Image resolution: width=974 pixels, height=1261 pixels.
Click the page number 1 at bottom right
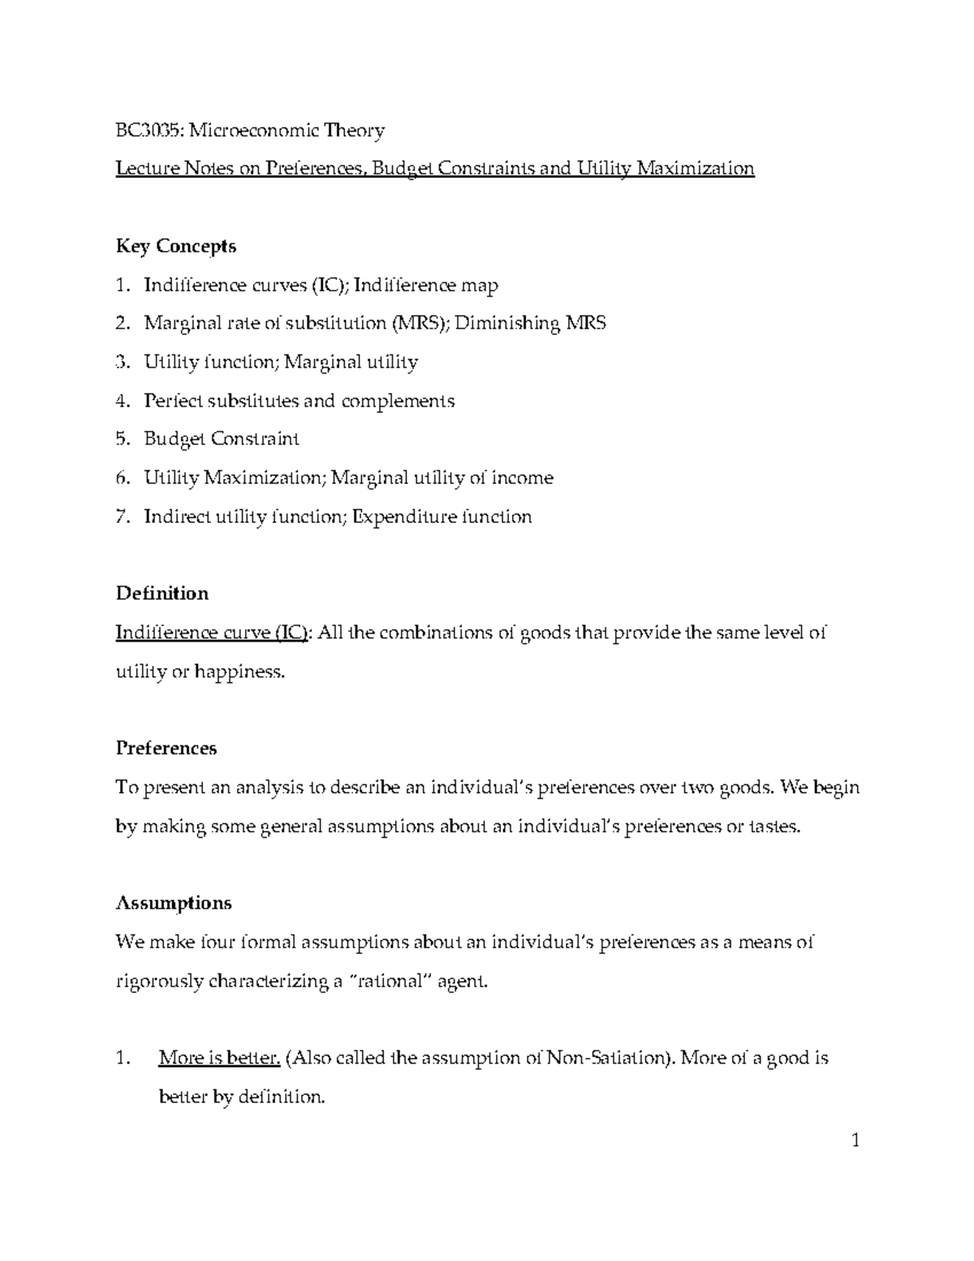tap(855, 1142)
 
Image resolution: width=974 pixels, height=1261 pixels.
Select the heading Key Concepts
tap(176, 246)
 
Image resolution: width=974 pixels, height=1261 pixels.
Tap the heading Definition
tap(162, 594)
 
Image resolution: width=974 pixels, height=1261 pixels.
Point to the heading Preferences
tap(166, 748)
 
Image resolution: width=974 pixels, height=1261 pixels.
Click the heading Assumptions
tap(174, 903)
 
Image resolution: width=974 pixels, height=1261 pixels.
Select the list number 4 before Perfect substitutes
tap(122, 401)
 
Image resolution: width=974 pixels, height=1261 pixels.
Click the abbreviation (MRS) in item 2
tap(419, 323)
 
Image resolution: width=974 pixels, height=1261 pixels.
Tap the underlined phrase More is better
tap(220, 1058)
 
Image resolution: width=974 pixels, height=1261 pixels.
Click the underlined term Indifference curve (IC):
tap(213, 633)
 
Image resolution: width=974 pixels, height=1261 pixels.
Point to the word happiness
tap(239, 672)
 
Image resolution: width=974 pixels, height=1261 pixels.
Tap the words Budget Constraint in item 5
tap(222, 439)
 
